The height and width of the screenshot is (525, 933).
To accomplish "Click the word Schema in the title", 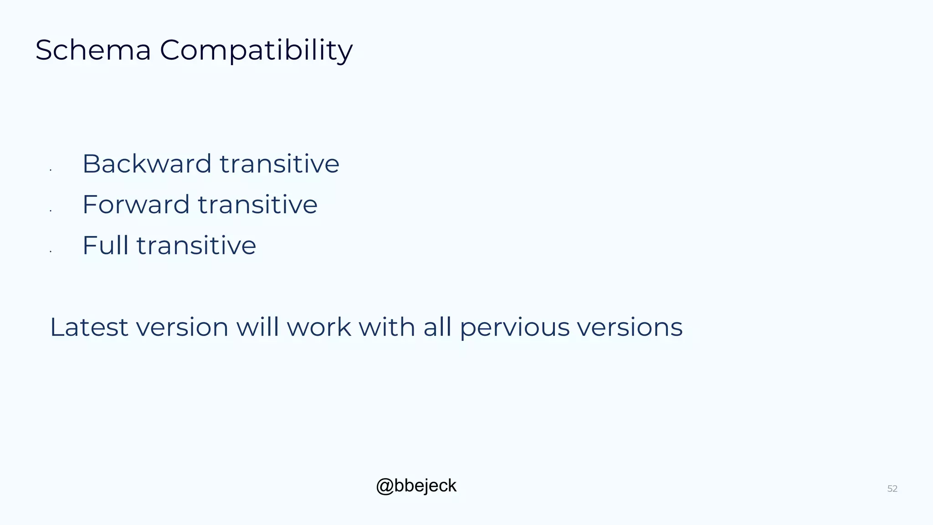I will click(93, 50).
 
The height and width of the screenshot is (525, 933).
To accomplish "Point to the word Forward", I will click(136, 204).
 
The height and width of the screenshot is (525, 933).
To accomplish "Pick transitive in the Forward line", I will click(257, 204).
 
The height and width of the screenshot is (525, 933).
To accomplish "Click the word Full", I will click(105, 245).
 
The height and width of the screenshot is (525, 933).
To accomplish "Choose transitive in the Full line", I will click(196, 245).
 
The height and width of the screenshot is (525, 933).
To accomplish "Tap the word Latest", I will click(89, 327).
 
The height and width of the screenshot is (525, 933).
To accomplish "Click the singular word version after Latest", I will click(182, 327).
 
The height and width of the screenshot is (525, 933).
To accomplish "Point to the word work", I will click(319, 327).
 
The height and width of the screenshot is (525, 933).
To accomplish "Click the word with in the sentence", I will click(387, 327).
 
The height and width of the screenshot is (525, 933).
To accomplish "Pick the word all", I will click(437, 327).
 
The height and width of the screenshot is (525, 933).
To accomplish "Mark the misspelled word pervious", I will click(514, 328).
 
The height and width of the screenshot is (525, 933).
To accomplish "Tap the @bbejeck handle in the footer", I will click(416, 486).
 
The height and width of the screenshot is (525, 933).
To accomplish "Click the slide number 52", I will click(892, 489).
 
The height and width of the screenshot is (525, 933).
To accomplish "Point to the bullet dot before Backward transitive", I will click(51, 170).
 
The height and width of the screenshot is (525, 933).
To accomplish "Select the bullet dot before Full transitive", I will click(51, 252).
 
